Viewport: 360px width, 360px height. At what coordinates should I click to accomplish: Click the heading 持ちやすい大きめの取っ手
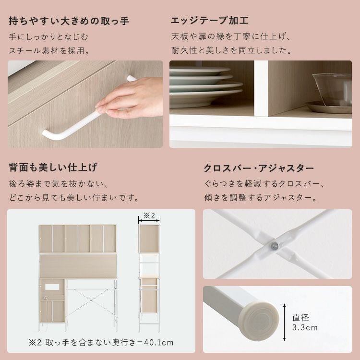coord(69,21)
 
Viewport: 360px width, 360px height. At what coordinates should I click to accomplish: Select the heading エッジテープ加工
coord(210,21)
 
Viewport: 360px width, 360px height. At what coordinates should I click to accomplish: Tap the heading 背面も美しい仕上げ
coord(53,168)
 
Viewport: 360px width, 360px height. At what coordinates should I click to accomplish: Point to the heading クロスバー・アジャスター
coord(259,168)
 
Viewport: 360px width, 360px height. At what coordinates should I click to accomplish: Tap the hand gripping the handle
coord(130,97)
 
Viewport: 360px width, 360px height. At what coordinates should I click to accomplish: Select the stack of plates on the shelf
coord(205,87)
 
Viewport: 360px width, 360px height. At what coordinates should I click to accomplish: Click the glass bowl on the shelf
coord(332,89)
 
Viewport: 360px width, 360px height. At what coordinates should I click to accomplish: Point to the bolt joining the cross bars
coord(275,247)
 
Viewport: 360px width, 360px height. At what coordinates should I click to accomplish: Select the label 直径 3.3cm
coord(305,323)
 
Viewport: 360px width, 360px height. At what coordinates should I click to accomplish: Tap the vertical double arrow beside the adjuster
coord(285,323)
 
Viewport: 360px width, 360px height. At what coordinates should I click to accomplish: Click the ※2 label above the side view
coord(149,216)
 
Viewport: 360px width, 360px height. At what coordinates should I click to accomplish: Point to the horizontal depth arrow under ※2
coord(149,221)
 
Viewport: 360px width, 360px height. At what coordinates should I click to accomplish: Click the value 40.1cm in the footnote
coord(159,343)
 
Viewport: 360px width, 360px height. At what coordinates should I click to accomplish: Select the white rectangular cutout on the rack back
coord(52,287)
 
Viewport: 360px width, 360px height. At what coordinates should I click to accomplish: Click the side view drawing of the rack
coord(149,278)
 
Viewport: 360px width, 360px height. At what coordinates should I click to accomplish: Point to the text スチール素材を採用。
coord(49,50)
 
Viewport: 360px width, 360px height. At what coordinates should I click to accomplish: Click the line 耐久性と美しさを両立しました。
coord(231,50)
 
